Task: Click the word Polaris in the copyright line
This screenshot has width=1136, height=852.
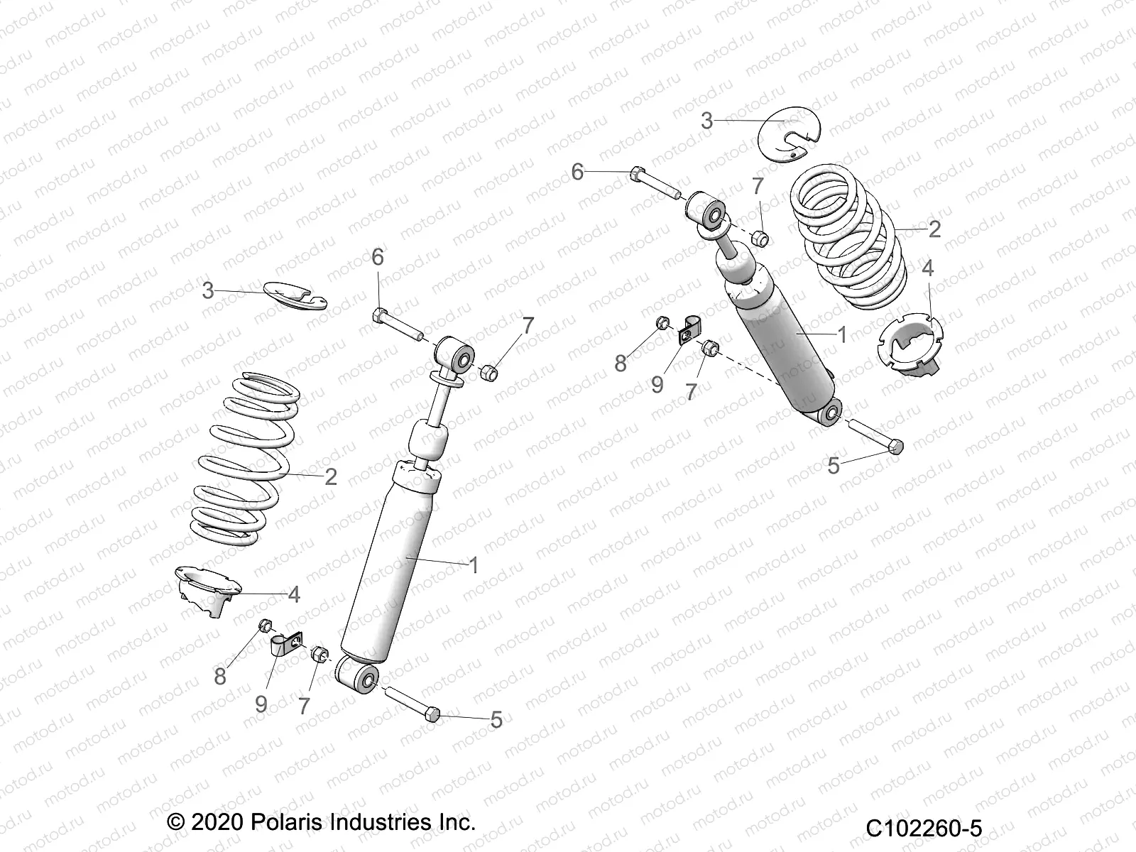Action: tap(287, 823)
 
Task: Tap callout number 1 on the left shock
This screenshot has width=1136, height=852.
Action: tap(474, 565)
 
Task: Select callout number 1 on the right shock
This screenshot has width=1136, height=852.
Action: tap(842, 334)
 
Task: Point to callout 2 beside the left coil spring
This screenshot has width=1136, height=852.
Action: tap(330, 476)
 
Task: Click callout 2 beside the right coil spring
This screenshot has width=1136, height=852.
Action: tap(934, 229)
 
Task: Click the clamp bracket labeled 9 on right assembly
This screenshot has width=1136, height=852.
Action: tap(687, 331)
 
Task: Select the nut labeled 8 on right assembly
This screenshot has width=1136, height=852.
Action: tap(661, 323)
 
